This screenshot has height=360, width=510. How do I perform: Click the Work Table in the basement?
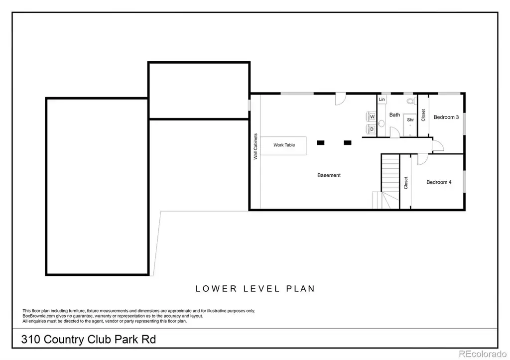(283, 145)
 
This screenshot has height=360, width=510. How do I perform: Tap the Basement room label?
(329, 175)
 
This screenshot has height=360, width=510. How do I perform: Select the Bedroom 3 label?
(446, 117)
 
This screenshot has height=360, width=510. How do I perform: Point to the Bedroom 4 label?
(439, 182)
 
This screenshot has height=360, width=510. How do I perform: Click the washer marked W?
(371, 117)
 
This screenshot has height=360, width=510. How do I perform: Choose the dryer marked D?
(371, 129)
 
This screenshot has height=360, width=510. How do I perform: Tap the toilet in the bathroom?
(411, 101)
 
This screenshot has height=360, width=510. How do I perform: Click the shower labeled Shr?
(410, 125)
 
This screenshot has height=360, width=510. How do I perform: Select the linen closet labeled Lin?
(382, 99)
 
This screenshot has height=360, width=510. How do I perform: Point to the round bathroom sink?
(381, 123)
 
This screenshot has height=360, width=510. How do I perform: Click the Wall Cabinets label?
(255, 146)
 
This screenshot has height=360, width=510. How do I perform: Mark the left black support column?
(320, 142)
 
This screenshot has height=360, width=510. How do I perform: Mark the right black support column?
(347, 142)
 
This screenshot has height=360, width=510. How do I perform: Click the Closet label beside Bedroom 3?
(423, 115)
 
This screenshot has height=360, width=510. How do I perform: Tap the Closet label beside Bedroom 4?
(405, 183)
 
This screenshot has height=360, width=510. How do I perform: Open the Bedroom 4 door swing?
(422, 159)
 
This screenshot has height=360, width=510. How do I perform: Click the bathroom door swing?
(394, 132)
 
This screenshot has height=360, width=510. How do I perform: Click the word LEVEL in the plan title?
(261, 289)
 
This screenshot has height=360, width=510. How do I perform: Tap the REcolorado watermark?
(483, 354)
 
